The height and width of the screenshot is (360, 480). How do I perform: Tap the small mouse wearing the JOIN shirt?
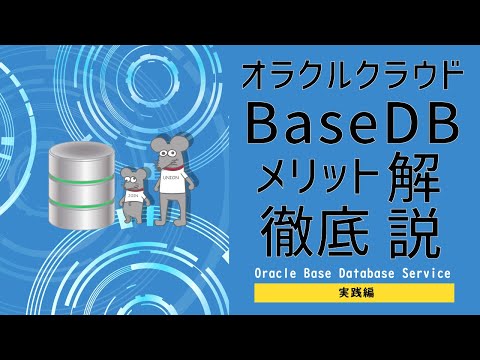[x=136, y=196]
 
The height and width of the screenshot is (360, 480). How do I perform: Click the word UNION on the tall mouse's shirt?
[x=172, y=182]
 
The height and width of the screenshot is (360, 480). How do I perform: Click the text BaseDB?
[x=353, y=128]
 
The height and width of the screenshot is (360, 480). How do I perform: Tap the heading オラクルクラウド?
[x=353, y=76]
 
